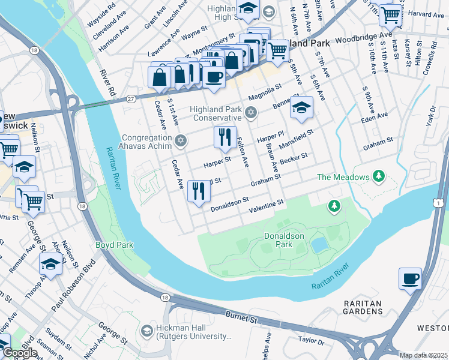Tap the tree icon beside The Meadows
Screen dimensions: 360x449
pos(378,176)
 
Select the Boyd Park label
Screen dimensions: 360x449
pos(114,245)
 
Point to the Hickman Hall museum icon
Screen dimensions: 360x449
pos(146,331)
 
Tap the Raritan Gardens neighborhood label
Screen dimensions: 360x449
pos(364,307)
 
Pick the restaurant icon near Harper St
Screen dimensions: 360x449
pos(225,137)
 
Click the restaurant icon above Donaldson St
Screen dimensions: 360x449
pos(198,191)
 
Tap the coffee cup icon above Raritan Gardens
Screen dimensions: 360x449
pos(411,278)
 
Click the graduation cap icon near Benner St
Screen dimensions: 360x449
pos(301,107)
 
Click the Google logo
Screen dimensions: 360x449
pos(20,353)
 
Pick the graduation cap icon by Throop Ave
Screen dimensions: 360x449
pos(50,264)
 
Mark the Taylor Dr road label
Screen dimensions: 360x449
pos(312,341)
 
